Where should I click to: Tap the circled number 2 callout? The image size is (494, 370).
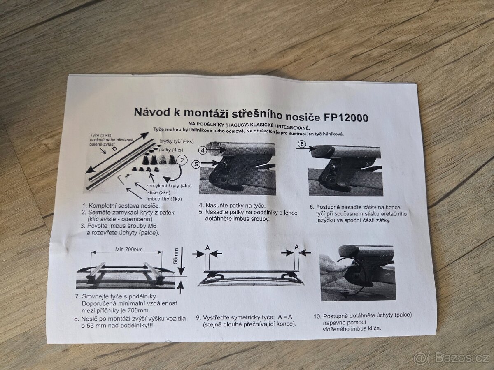click(182, 160)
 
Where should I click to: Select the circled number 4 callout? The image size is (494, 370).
click(203, 150)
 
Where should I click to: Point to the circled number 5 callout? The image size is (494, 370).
click(196, 164)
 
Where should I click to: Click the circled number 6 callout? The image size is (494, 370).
click(302, 144)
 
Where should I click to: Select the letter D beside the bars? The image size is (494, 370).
click(115, 150)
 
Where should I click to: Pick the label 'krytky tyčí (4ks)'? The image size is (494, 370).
click(177, 141)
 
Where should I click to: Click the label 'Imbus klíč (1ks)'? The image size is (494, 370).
click(164, 199)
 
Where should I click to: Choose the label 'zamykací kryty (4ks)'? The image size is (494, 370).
click(169, 186)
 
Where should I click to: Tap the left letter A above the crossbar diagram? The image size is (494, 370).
click(207, 247)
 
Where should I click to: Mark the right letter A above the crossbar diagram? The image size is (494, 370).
click(297, 247)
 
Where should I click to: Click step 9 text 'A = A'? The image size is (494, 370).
click(285, 317)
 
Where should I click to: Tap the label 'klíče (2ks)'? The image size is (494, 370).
click(158, 192)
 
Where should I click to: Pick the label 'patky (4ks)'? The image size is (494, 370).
click(171, 150)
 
